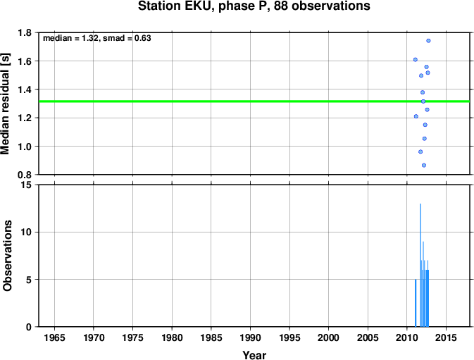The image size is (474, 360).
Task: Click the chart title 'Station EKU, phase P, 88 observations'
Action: click(x=254, y=6)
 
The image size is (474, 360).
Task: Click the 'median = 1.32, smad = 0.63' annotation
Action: click(x=97, y=38)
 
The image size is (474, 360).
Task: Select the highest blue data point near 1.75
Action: click(x=428, y=41)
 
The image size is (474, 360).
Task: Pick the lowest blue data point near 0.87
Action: click(x=424, y=166)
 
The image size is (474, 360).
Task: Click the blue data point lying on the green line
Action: click(x=423, y=101)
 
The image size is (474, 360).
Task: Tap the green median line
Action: click(x=254, y=101)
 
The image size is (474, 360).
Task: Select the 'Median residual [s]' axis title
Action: click(x=5, y=104)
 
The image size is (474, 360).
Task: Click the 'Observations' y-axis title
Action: click(x=7, y=256)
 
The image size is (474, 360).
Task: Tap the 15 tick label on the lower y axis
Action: click(x=26, y=185)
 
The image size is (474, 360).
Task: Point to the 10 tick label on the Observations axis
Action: click(x=26, y=232)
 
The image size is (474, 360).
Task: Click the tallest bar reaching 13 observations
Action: click(x=420, y=265)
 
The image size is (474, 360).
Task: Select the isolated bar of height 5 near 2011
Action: click(x=416, y=303)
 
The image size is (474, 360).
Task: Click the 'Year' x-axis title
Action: click(x=254, y=355)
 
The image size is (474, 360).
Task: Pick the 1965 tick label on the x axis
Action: click(x=54, y=337)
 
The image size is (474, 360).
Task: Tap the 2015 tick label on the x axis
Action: click(x=446, y=337)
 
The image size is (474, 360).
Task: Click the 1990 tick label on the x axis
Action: click(x=250, y=337)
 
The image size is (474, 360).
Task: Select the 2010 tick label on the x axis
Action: click(x=407, y=337)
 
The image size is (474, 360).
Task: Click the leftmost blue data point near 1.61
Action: click(x=416, y=60)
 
